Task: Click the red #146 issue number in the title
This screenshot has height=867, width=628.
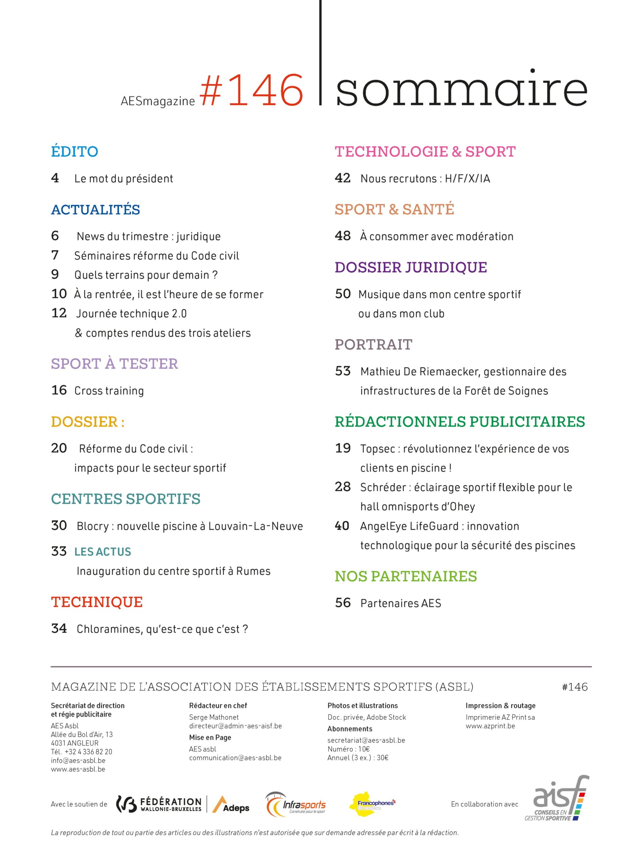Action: point(251,91)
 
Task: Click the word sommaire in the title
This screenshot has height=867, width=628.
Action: point(461,89)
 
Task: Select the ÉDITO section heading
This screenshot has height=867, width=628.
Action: point(74,152)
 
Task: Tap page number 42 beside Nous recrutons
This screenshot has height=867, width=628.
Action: point(342,178)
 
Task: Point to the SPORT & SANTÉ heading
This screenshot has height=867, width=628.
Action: point(394,210)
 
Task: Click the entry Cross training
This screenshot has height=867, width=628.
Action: point(109,391)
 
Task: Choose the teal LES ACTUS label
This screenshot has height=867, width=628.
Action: point(103,552)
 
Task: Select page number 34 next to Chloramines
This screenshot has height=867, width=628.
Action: point(59,629)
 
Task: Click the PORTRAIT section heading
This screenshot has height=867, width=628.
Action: point(373,344)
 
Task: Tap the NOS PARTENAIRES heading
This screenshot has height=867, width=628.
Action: point(406,576)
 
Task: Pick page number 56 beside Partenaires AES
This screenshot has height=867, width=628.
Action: point(342,603)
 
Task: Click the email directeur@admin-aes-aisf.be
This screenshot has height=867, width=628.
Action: point(235,726)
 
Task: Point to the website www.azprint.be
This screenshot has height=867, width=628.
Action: point(490,726)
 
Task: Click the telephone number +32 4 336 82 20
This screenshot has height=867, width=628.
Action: point(88,752)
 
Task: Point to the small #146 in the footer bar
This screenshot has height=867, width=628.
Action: point(574,687)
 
